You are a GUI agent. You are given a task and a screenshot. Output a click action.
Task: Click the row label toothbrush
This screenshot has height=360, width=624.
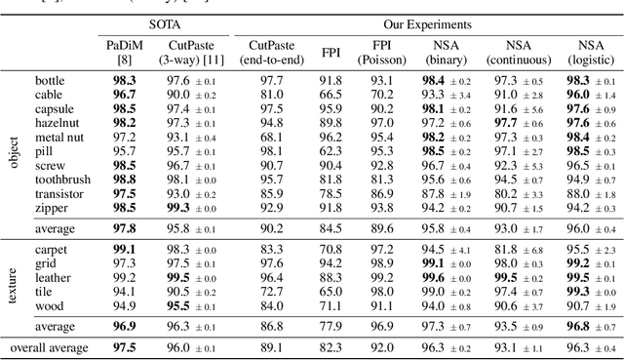coord(63,180)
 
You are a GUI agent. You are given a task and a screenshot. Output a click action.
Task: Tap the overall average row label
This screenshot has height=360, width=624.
coord(49,348)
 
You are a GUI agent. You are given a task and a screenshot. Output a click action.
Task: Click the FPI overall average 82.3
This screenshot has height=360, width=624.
coord(331,348)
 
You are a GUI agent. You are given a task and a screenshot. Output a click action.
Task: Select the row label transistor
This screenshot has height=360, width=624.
coord(61,195)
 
